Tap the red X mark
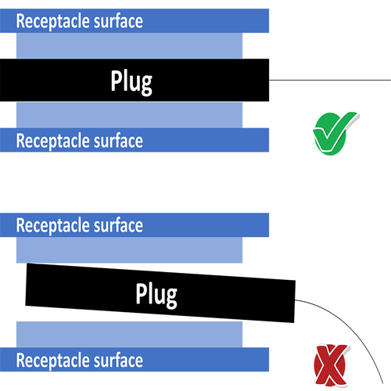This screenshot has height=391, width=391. [x=331, y=365]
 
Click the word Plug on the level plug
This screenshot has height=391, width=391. [x=131, y=82]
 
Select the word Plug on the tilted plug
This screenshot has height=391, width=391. [x=156, y=295]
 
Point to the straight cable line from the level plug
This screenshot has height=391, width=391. [x=330, y=80]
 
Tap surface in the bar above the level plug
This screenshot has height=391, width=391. [x=118, y=21]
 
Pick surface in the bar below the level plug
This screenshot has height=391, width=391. [x=118, y=141]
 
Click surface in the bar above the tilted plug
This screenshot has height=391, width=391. [x=118, y=225]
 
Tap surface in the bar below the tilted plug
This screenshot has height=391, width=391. [x=118, y=360]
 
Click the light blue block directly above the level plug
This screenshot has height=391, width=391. [x=129, y=45]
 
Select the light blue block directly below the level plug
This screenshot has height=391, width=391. [x=129, y=115]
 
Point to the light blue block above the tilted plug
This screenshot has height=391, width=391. [x=129, y=249]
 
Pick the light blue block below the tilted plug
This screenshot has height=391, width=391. [x=129, y=335]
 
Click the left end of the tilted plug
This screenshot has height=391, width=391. [x=26, y=284]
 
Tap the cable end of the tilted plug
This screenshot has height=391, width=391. [x=295, y=301]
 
